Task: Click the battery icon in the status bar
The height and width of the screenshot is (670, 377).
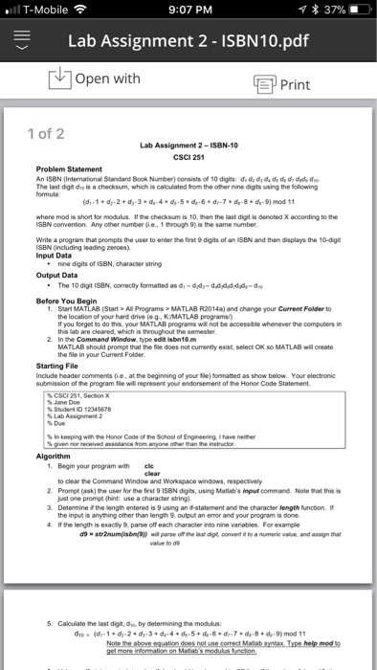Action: tap(358, 11)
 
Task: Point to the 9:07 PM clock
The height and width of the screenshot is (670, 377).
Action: tap(188, 11)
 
